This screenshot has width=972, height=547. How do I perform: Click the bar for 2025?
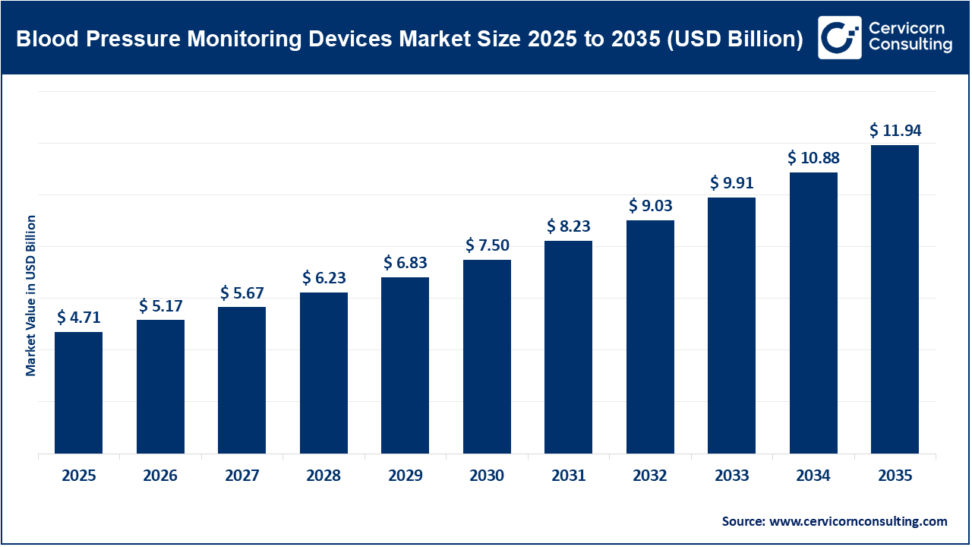tap(78, 393)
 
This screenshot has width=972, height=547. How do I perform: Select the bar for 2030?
tap(487, 357)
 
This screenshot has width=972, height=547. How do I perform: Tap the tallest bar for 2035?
tap(895, 299)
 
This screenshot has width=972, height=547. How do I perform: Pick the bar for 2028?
tap(323, 373)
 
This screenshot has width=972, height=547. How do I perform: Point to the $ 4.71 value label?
tap(78, 318)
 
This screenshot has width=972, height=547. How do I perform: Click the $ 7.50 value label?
tap(487, 245)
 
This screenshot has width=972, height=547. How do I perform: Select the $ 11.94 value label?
tap(895, 131)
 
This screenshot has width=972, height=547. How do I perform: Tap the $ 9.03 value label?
tap(650, 206)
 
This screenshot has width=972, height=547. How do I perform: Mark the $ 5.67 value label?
tap(241, 292)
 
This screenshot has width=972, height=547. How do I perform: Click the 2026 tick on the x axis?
tap(160, 476)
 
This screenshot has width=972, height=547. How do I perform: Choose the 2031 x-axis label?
tap(568, 476)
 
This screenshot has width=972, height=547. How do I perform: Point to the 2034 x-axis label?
tap(813, 476)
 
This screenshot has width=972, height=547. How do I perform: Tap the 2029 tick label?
tap(405, 476)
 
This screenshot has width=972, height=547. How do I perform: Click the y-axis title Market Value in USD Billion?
tap(31, 296)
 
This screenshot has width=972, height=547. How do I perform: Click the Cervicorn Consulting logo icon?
tap(839, 37)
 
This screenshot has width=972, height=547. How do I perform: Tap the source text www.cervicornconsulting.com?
tap(858, 521)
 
